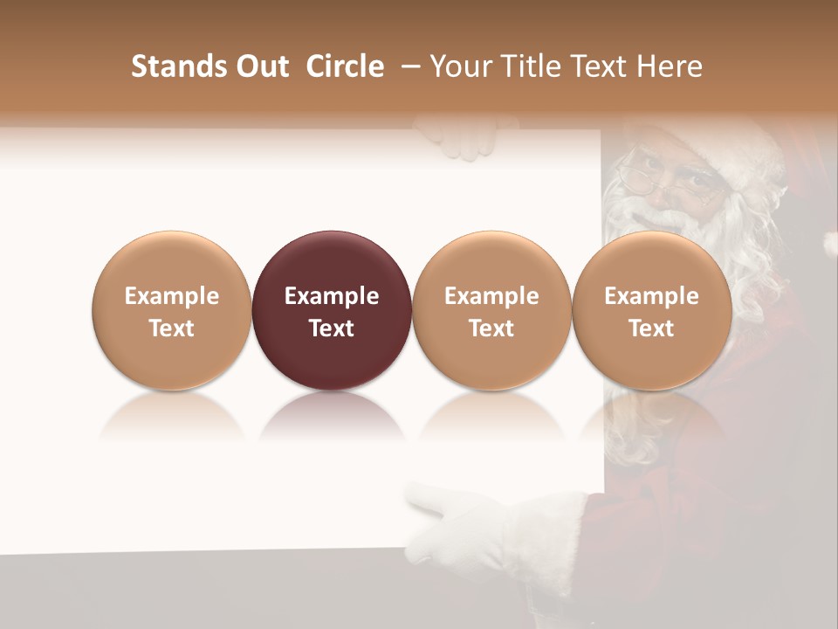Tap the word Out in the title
pos(261,66)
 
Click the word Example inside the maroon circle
pos(332,296)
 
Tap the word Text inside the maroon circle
pos(332,328)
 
